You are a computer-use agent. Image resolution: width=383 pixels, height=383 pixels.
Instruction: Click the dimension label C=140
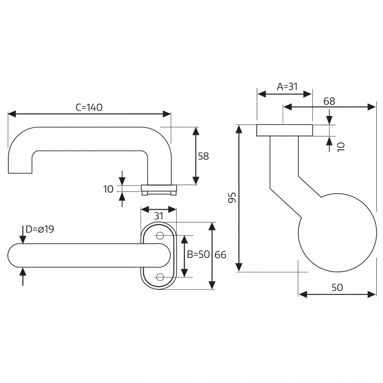click(x=89, y=107)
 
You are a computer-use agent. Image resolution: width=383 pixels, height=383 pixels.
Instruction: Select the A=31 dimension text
click(x=287, y=86)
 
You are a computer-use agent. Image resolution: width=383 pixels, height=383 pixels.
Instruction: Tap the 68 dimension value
click(x=329, y=101)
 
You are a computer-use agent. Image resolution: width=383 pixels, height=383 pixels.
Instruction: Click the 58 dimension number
click(x=203, y=156)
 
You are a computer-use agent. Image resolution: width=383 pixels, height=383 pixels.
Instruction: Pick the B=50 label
click(x=198, y=255)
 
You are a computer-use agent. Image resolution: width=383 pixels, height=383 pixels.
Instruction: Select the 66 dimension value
click(x=221, y=255)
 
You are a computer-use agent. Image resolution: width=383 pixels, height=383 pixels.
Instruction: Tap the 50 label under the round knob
click(x=337, y=287)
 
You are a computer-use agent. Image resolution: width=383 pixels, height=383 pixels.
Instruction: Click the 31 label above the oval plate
click(x=159, y=216)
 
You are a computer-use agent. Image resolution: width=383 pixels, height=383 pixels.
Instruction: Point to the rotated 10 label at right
click(x=340, y=146)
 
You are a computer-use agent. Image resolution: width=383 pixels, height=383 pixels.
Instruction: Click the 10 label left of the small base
click(x=108, y=189)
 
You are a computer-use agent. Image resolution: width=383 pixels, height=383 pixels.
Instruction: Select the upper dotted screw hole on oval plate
click(x=160, y=236)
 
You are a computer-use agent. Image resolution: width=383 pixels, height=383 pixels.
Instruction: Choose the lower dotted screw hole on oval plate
click(x=160, y=277)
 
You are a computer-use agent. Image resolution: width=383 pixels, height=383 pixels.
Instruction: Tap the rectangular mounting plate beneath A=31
click(x=284, y=130)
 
